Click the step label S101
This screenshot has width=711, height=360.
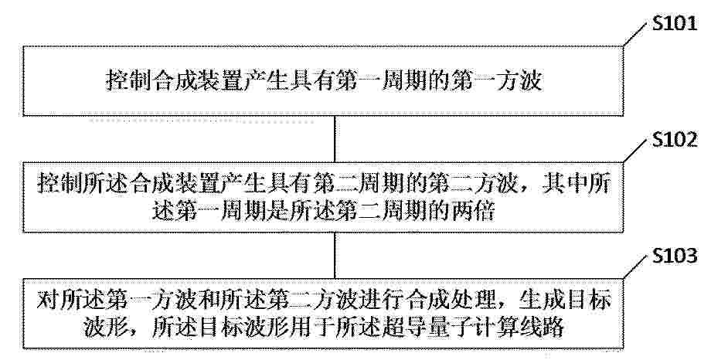tap(674, 24)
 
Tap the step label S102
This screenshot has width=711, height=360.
tap(674, 141)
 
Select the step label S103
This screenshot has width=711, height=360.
tap(674, 256)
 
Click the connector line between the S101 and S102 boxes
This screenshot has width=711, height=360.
tap(335, 139)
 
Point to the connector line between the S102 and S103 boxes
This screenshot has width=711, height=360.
tap(335, 255)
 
